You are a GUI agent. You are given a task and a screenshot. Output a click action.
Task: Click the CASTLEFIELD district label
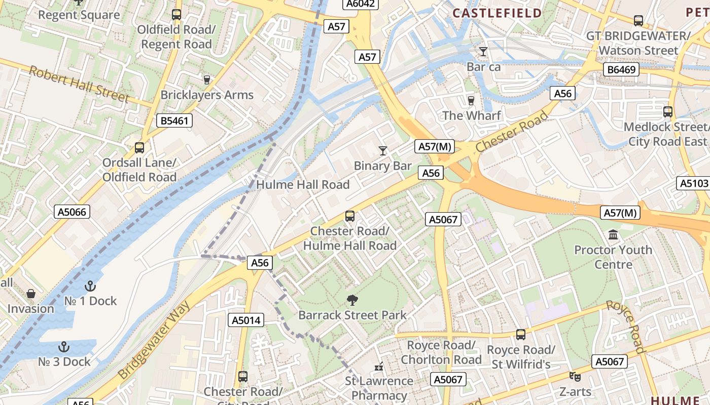click(497, 13)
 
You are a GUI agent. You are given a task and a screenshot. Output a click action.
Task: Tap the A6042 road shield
click(360, 4)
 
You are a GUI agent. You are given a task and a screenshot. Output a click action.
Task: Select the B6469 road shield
click(621, 69)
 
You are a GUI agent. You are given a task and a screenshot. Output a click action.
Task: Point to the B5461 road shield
click(174, 120)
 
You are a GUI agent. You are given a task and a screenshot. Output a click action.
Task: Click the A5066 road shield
click(72, 212)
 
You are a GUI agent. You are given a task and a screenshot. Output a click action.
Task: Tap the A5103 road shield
click(694, 183)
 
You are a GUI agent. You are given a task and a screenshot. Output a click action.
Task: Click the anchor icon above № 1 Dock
click(90, 286)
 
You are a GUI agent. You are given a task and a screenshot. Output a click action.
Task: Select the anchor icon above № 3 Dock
click(64, 347)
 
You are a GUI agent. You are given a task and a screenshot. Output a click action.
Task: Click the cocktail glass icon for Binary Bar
click(383, 151)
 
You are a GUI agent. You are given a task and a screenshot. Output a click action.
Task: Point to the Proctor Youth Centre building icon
click(613, 235)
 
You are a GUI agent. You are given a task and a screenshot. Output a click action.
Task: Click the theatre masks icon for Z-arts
click(575, 377)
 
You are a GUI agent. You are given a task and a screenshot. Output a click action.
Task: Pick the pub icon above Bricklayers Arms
click(206, 79)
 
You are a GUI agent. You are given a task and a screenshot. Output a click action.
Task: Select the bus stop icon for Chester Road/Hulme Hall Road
click(350, 216)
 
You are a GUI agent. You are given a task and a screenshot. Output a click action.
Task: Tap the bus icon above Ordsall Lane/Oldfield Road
click(139, 148)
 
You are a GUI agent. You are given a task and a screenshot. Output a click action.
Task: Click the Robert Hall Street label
click(79, 84)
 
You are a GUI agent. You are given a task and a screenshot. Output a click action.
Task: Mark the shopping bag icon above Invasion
click(31, 294)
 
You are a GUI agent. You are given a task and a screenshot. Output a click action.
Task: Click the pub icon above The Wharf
click(471, 100)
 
